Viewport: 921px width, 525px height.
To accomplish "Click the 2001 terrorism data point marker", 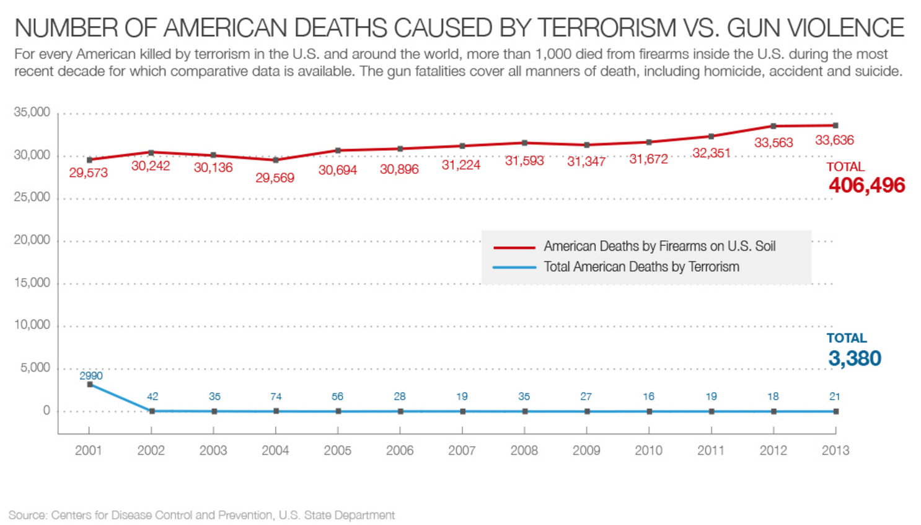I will (90, 385).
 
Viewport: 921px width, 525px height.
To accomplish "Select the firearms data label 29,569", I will (275, 178).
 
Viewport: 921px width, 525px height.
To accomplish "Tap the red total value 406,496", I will (866, 185).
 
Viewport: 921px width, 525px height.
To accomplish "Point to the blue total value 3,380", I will (854, 358).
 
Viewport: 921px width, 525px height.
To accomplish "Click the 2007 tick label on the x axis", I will (462, 451).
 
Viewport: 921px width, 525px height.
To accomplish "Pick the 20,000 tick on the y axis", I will (32, 240).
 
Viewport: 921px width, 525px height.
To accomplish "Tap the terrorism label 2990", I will (91, 375).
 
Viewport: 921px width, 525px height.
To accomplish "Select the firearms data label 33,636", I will (834, 140).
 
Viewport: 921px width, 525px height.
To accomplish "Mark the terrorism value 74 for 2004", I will (276, 397).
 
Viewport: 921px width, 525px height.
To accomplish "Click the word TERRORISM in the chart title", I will (606, 28).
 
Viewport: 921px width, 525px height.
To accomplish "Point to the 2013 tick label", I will (835, 451).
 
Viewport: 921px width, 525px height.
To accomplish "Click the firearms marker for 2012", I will (773, 126).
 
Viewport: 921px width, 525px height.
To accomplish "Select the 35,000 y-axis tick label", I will (32, 112).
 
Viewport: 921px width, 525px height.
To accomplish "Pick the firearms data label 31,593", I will (524, 161).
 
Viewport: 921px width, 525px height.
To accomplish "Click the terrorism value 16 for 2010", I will (648, 397).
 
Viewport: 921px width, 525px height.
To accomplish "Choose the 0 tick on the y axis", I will (46, 411).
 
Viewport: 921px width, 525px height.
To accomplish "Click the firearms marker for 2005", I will (338, 150).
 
